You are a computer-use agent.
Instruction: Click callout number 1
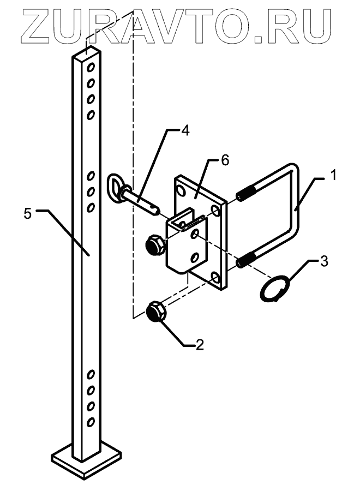[333, 176]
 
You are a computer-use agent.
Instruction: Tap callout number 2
[199, 344]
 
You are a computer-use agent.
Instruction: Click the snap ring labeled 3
[274, 288]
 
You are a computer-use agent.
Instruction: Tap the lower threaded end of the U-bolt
[246, 260]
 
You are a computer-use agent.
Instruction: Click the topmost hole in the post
[92, 68]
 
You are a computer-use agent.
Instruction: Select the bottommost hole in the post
[91, 421]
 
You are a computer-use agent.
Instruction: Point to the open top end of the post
[87, 53]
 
